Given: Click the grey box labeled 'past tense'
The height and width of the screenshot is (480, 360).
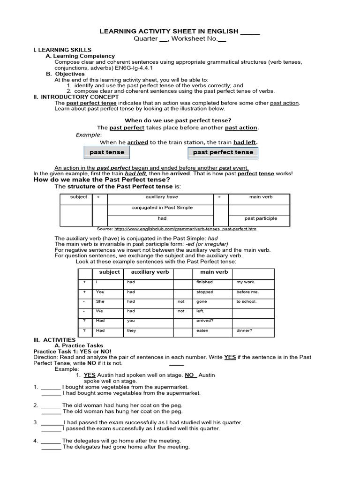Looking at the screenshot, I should coord(107,152).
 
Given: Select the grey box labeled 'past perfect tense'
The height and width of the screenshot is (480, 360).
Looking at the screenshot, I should coord(223,152).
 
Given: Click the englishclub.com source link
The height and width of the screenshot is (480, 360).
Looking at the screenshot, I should coord(185,229).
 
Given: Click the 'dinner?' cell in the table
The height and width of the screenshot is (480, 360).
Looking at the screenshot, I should coord(244,330).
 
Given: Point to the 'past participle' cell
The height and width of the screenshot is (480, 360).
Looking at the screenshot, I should coord(261,218).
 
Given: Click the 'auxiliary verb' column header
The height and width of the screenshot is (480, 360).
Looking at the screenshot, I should coord(150,272).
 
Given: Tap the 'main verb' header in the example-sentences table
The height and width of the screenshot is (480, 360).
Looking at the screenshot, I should coord(214,272).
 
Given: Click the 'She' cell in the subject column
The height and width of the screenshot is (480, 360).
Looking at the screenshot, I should coord(100,301).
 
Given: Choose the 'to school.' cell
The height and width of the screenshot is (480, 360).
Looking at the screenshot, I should coord(247,301).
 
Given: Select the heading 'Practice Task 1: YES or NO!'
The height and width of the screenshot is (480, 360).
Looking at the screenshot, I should coord(72,351).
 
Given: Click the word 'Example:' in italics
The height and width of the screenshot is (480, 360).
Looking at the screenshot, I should coord(89,135).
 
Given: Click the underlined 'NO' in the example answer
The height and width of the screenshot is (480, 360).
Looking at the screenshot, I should coord(189,375).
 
